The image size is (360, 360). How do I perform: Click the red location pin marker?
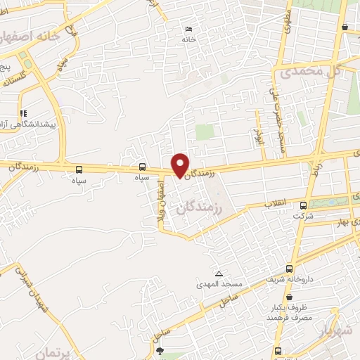(180, 165)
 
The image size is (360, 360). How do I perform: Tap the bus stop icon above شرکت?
(303, 205)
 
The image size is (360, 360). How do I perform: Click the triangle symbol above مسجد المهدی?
(219, 273)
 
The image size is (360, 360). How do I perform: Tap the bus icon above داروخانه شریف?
(290, 269)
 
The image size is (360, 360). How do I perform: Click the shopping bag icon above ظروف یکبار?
(290, 297)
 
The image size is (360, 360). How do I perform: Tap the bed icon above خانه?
(187, 28)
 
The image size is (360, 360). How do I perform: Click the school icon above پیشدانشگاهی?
(22, 112)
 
